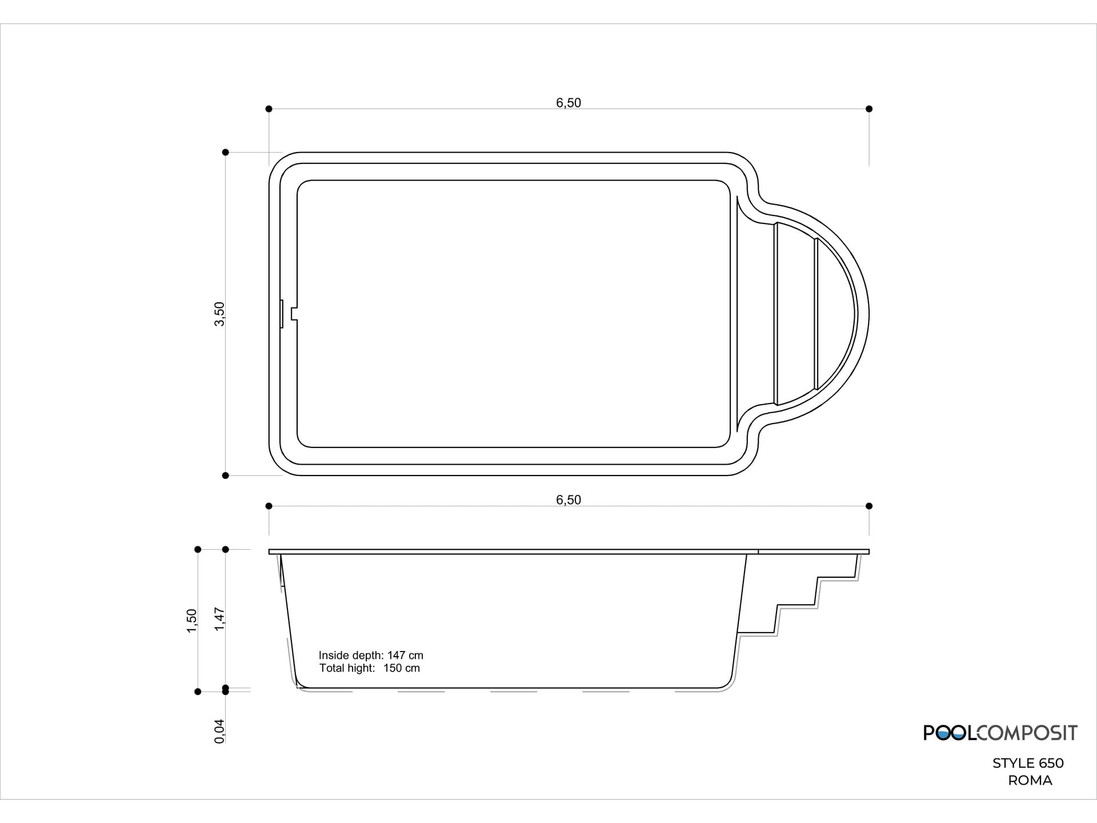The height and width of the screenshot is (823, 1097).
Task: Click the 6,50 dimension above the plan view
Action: point(568,103)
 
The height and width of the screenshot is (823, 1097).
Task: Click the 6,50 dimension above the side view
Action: point(568,500)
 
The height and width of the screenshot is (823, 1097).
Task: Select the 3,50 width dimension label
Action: point(219,314)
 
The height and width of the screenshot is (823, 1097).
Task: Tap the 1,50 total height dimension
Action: point(192,621)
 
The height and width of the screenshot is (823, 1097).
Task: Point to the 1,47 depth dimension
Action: point(220,619)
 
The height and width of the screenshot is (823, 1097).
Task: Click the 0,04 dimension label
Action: point(220,731)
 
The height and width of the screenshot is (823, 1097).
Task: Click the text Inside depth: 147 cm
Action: point(371,656)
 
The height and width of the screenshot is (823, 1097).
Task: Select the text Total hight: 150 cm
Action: point(369,668)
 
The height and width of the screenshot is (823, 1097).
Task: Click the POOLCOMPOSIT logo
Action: point(1000,733)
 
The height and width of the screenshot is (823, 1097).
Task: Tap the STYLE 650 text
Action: point(1028,763)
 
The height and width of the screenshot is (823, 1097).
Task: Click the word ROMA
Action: point(1030,780)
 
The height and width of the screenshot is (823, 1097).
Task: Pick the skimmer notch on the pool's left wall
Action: point(293,314)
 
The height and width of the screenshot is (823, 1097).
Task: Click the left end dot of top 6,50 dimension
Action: point(269,109)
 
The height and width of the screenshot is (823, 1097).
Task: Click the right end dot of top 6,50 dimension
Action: point(869,109)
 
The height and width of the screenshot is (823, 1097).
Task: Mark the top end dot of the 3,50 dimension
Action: point(225,152)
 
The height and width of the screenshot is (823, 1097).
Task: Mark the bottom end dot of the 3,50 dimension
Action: point(225,476)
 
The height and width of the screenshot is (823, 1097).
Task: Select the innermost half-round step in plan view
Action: point(835,314)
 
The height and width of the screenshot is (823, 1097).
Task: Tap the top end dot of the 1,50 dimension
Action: point(198,549)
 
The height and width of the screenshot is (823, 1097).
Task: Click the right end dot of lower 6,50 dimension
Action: point(869,506)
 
